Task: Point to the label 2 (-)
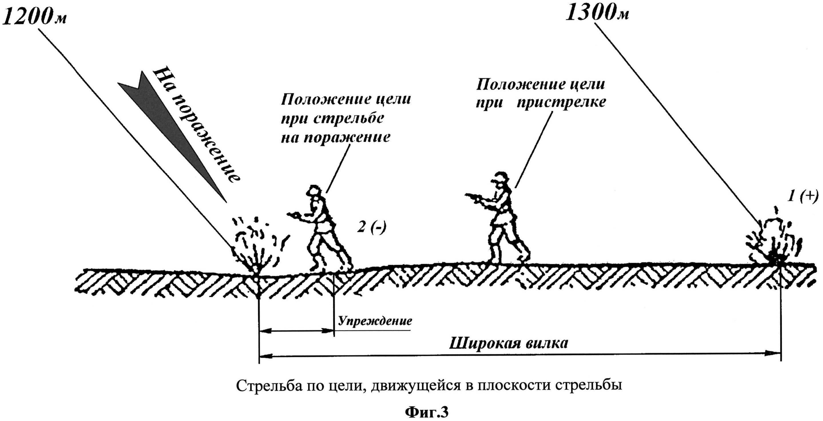pyautogui.click(x=371, y=228)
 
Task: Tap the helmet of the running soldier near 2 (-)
pyautogui.click(x=314, y=191)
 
